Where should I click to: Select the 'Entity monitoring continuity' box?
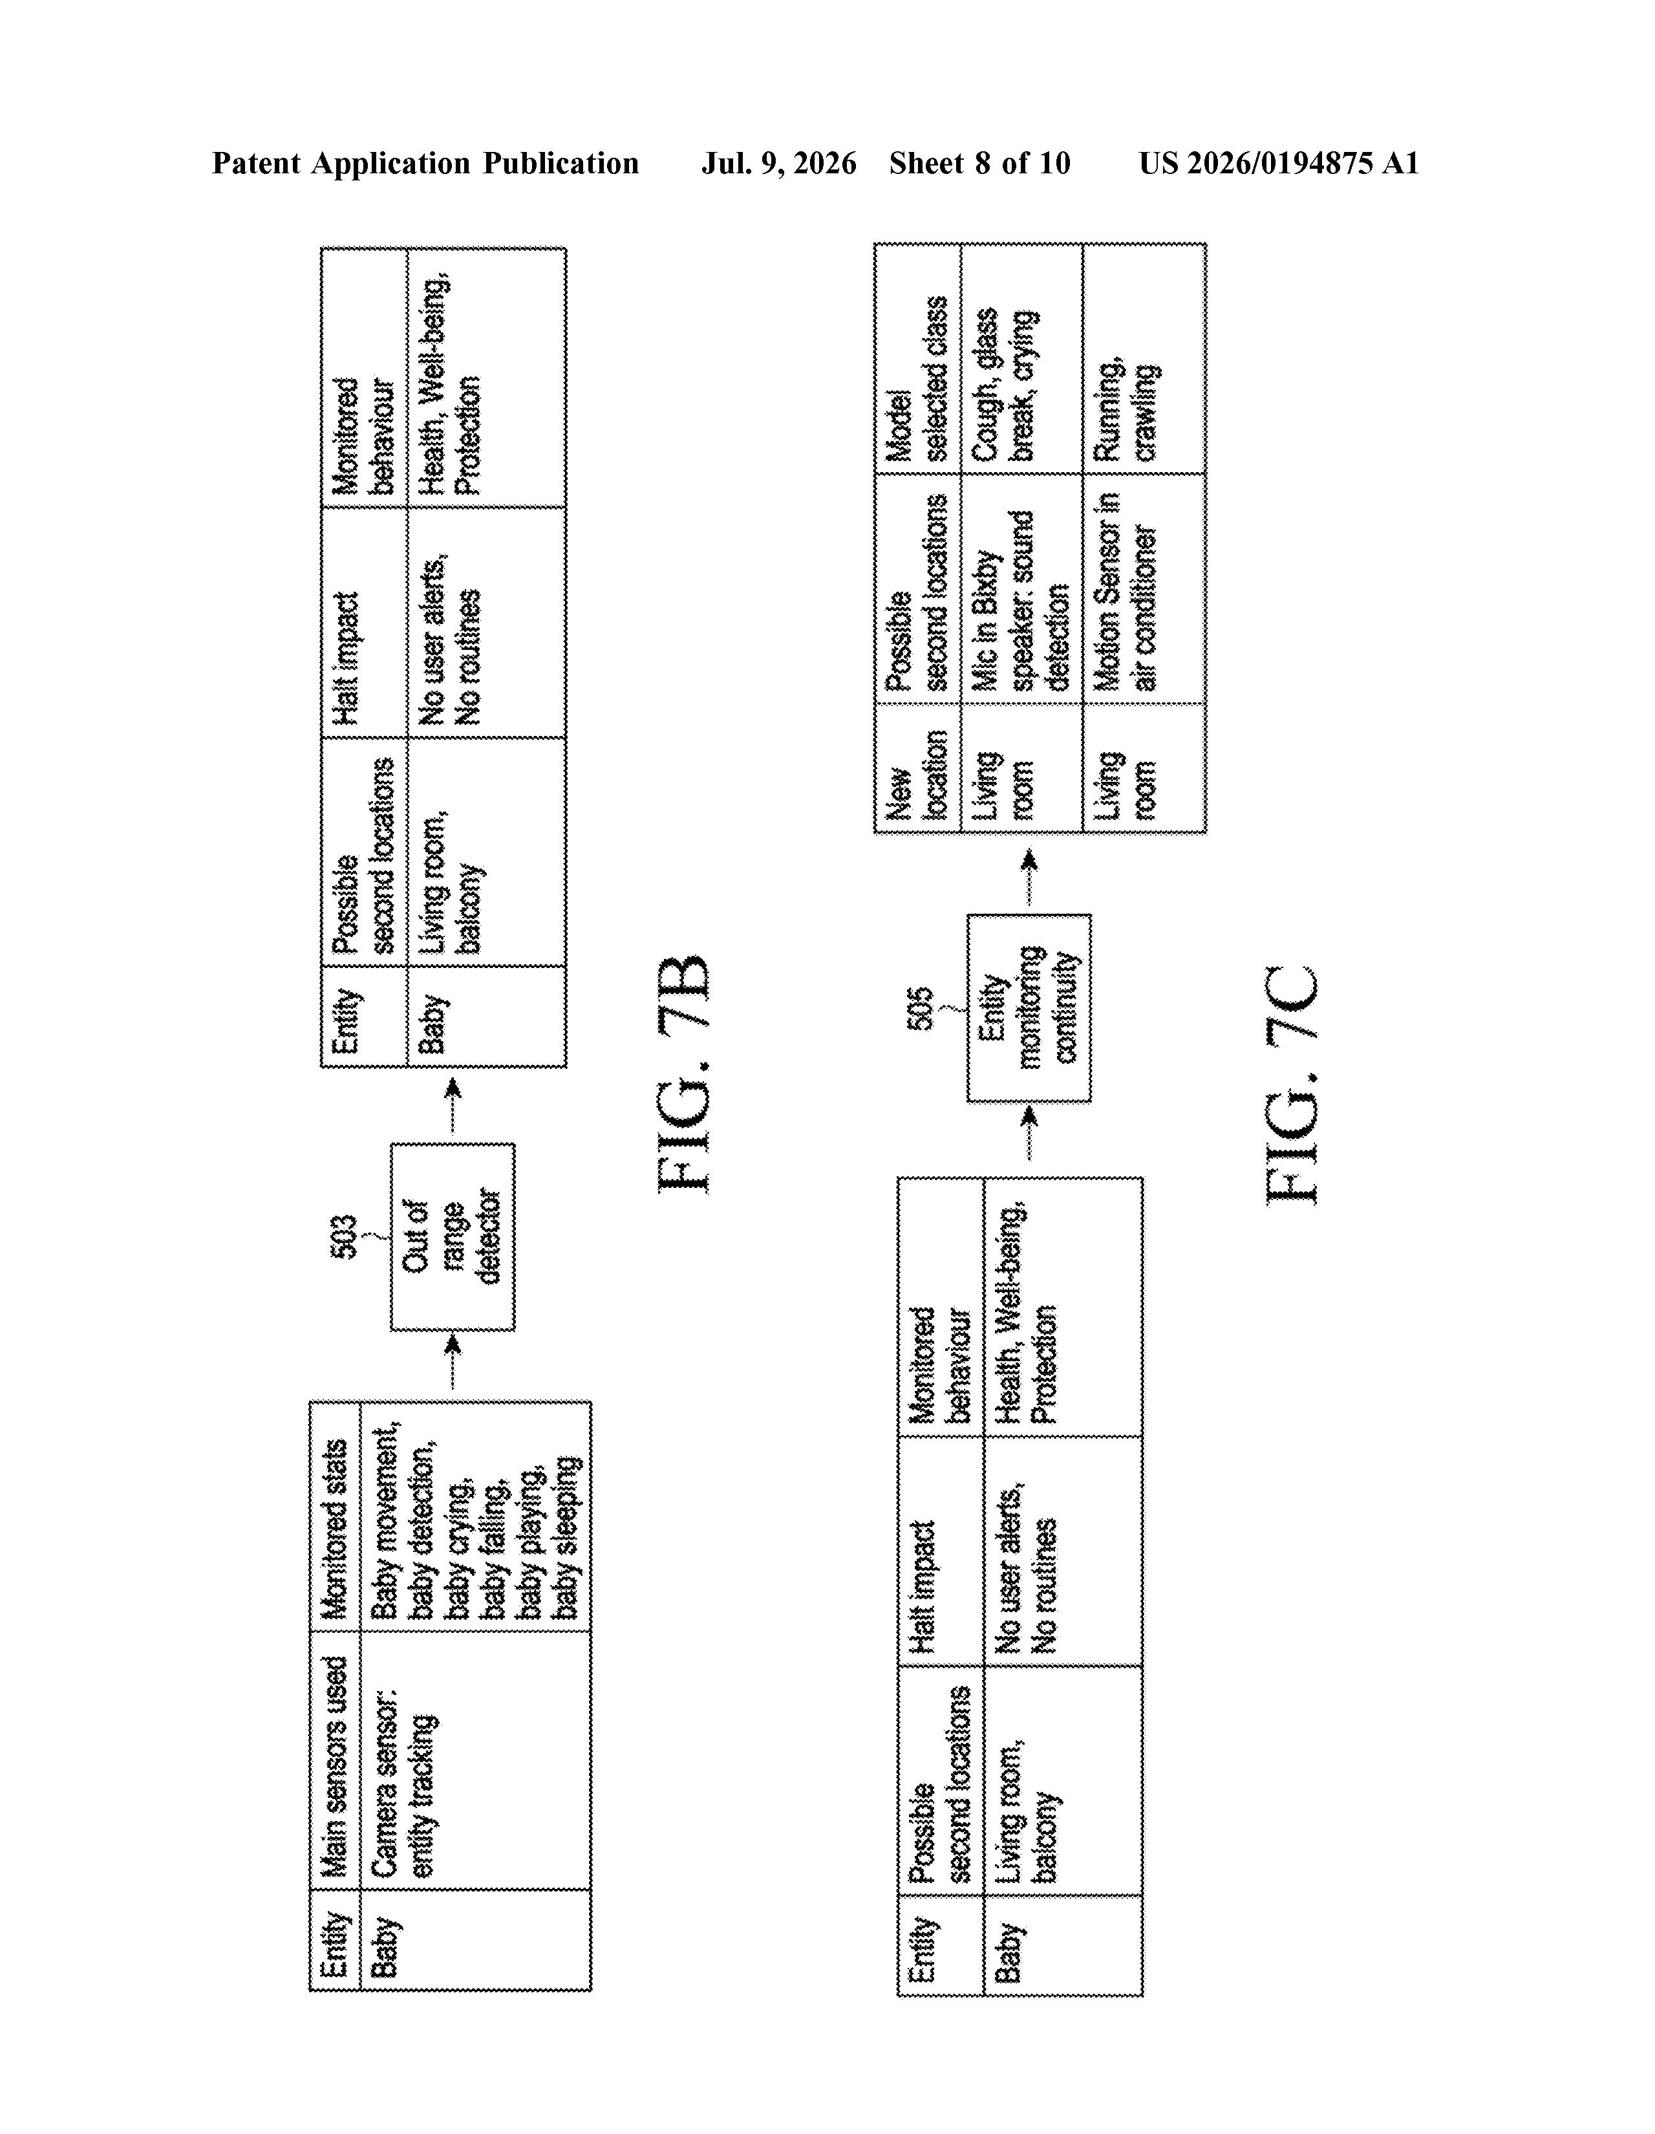[1029, 1008]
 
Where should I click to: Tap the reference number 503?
[345, 1237]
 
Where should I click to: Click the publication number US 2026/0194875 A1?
[1279, 163]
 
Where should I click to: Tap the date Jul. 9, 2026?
[778, 163]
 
